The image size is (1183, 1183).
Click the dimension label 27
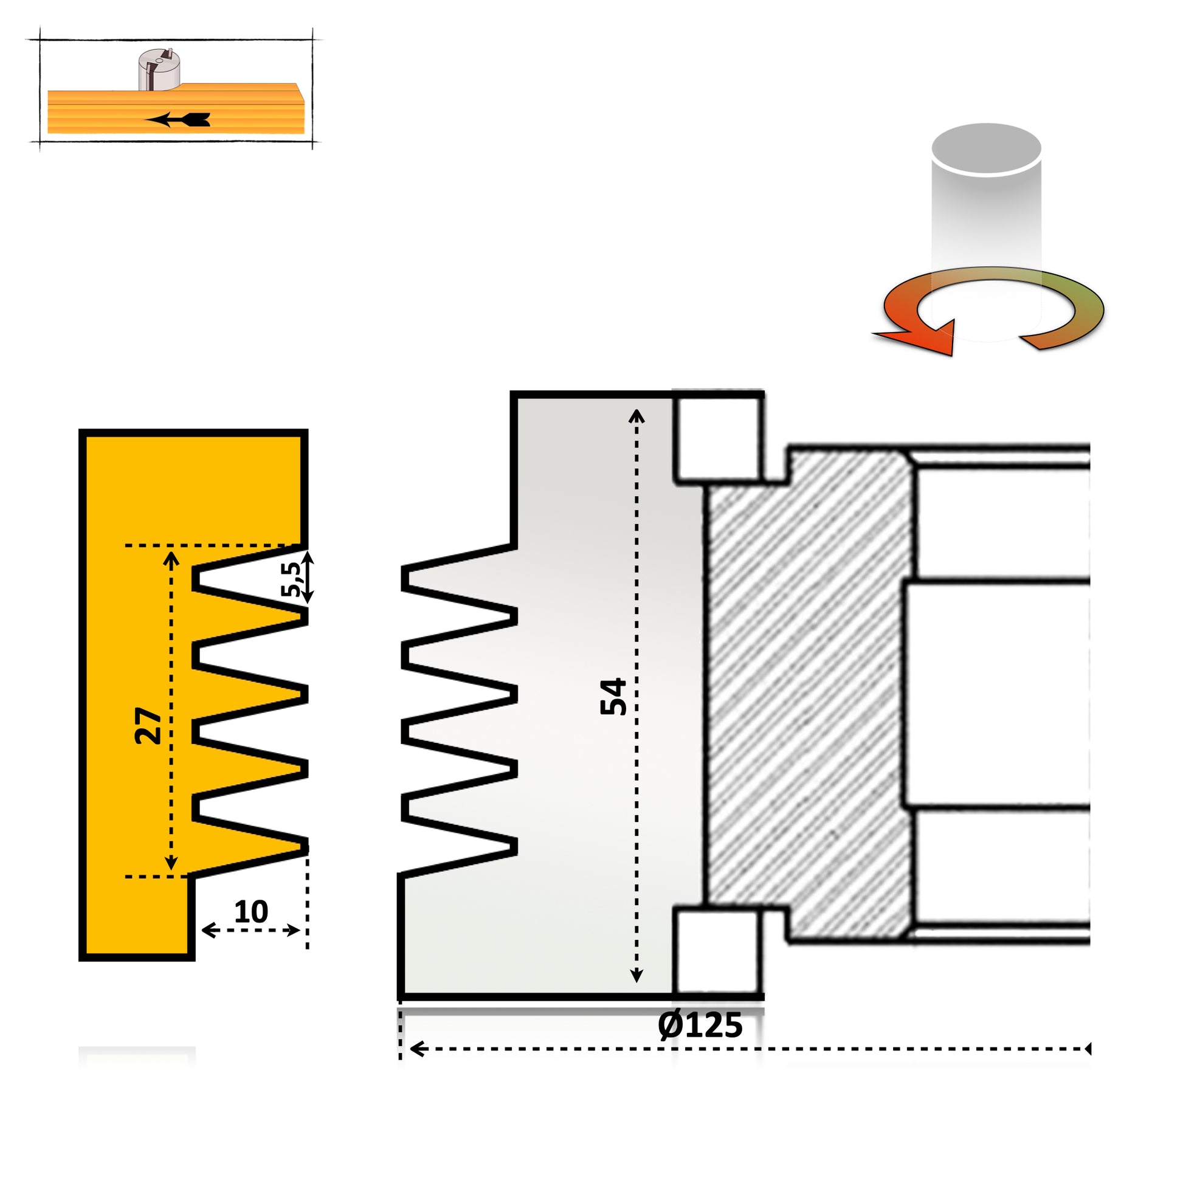click(148, 726)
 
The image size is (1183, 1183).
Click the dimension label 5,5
click(291, 579)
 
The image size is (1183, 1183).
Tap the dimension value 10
click(251, 912)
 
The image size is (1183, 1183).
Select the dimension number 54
click(613, 696)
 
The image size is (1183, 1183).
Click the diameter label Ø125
click(700, 1025)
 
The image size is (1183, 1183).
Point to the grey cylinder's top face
click(986, 148)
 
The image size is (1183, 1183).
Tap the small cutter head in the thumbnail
click(159, 70)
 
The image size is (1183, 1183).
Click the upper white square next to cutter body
click(717, 438)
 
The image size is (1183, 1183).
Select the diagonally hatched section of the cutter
click(809, 698)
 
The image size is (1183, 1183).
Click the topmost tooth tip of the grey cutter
click(405, 579)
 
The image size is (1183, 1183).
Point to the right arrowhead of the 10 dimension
click(295, 931)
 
